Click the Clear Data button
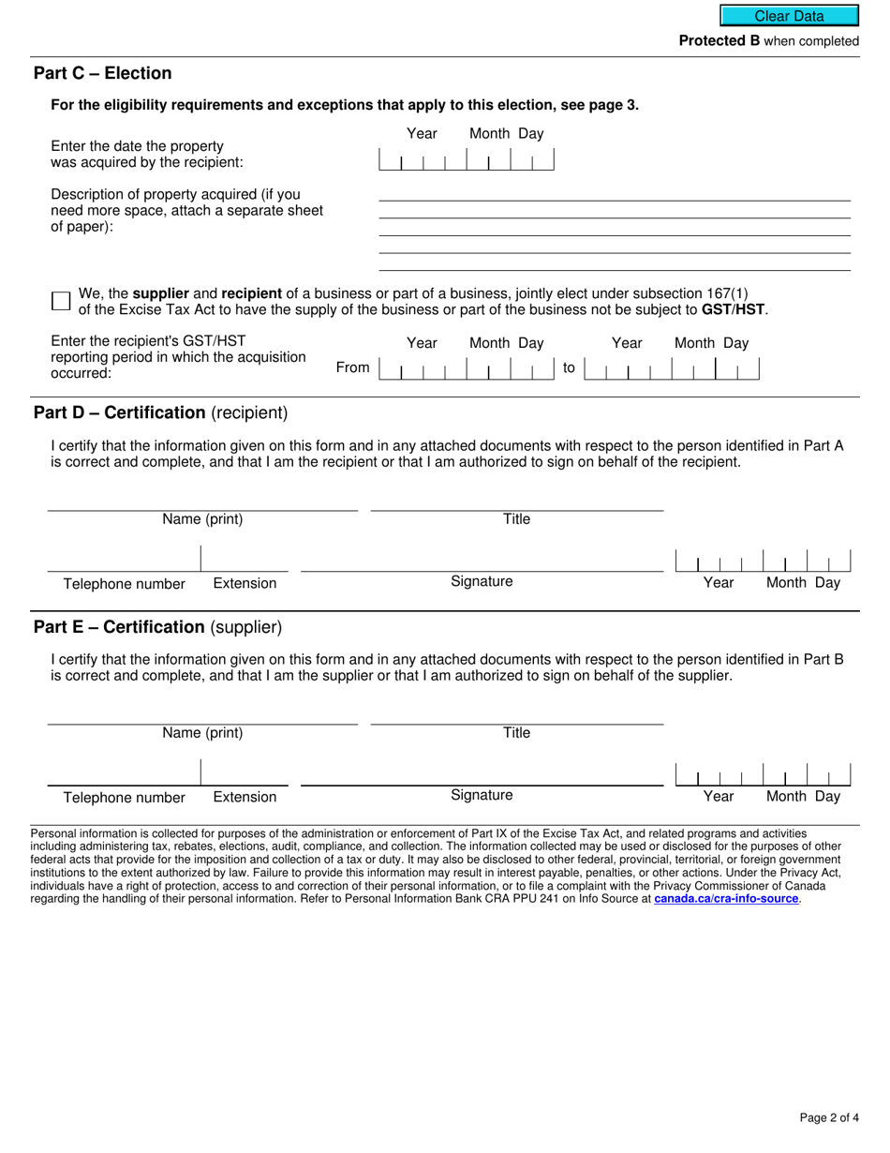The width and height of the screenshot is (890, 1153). click(789, 16)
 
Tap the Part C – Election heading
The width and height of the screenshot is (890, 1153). click(103, 73)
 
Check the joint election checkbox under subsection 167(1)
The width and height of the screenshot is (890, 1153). click(61, 301)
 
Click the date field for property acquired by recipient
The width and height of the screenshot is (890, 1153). click(466, 160)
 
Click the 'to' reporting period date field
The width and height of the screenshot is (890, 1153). click(671, 368)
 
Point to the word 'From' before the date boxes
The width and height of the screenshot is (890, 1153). click(352, 367)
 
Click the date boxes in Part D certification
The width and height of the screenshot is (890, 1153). click(763, 562)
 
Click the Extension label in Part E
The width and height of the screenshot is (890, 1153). click(245, 797)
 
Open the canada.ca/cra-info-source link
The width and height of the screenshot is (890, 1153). click(726, 898)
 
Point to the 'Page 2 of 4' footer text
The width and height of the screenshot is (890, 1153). click(829, 1117)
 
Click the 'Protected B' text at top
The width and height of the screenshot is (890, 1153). click(719, 41)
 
